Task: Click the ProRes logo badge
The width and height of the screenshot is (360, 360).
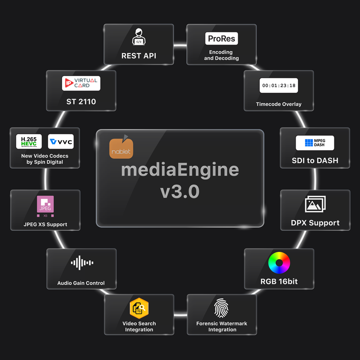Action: [221, 39]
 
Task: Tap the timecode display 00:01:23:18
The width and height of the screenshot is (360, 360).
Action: [279, 85]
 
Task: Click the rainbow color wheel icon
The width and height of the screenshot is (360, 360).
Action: [279, 263]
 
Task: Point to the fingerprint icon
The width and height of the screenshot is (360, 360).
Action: [221, 308]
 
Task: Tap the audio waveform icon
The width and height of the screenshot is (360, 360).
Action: [81, 263]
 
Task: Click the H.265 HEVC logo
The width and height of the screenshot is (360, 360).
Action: [29, 141]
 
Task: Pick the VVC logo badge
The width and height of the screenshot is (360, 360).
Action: [61, 141]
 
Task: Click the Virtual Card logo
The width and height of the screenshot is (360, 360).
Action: [81, 83]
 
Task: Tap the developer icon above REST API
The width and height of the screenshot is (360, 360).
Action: [139, 37]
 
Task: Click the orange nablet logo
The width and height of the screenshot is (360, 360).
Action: [121, 147]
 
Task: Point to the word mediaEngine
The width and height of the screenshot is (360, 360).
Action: [180, 170]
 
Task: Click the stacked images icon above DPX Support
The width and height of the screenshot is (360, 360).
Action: [315, 204]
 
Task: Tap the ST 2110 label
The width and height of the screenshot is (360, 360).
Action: [81, 102]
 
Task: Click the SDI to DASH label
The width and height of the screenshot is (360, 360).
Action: [315, 161]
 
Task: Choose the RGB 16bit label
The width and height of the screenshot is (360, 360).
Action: [279, 282]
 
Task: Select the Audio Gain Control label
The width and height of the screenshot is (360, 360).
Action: [81, 283]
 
